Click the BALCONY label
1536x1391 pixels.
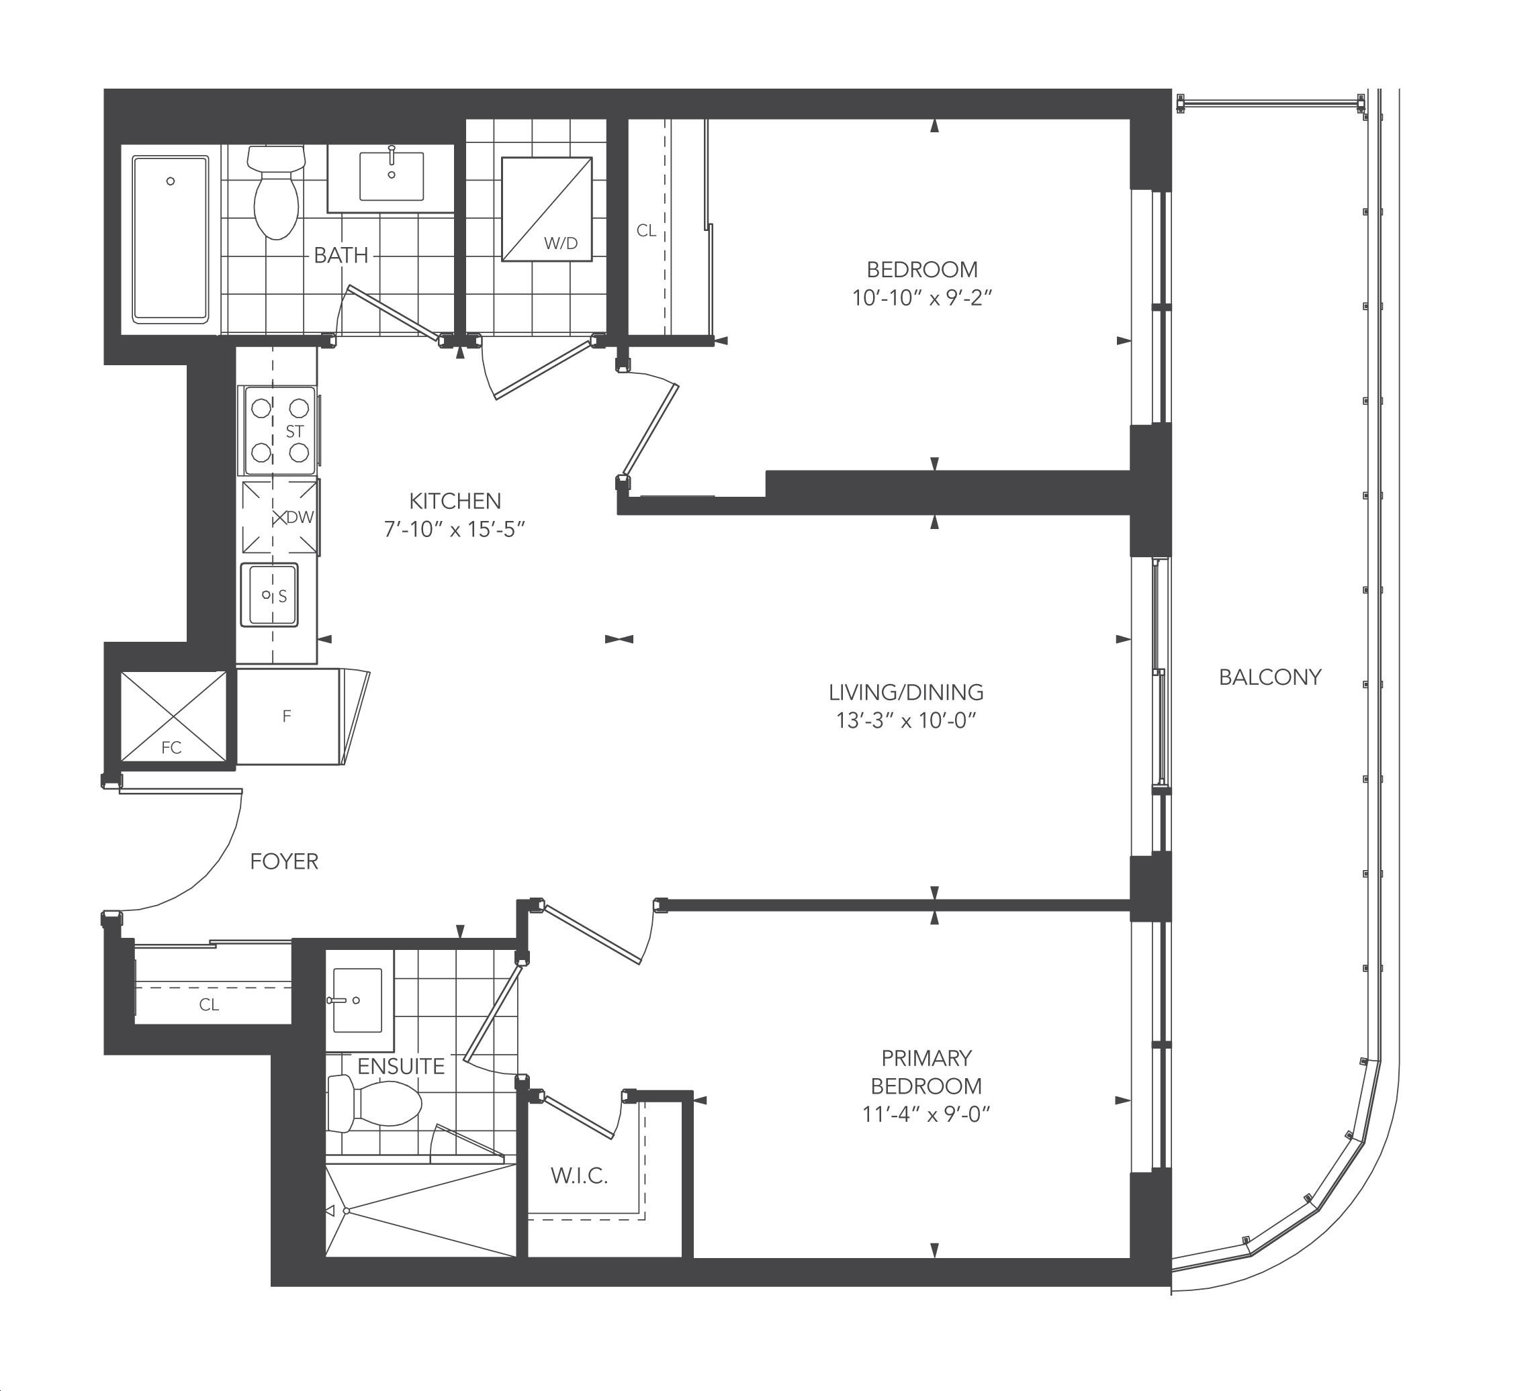coord(1270,677)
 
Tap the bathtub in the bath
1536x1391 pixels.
coord(171,240)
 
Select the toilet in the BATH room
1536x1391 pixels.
coord(276,193)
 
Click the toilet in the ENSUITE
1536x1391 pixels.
coord(374,1105)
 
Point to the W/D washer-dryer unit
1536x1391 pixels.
coord(546,209)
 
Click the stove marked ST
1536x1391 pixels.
coord(279,430)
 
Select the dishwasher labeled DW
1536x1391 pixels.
coord(279,517)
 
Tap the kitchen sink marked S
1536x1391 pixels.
coord(269,594)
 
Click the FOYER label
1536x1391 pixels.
coord(284,861)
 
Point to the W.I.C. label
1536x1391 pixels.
coord(579,1176)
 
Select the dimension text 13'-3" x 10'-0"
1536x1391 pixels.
coord(906,720)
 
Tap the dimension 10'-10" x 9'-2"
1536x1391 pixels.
coord(922,298)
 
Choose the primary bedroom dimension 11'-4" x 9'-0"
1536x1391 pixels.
coord(925,1114)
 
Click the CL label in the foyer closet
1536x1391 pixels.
coord(209,1005)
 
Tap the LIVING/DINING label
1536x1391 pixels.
coord(906,692)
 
